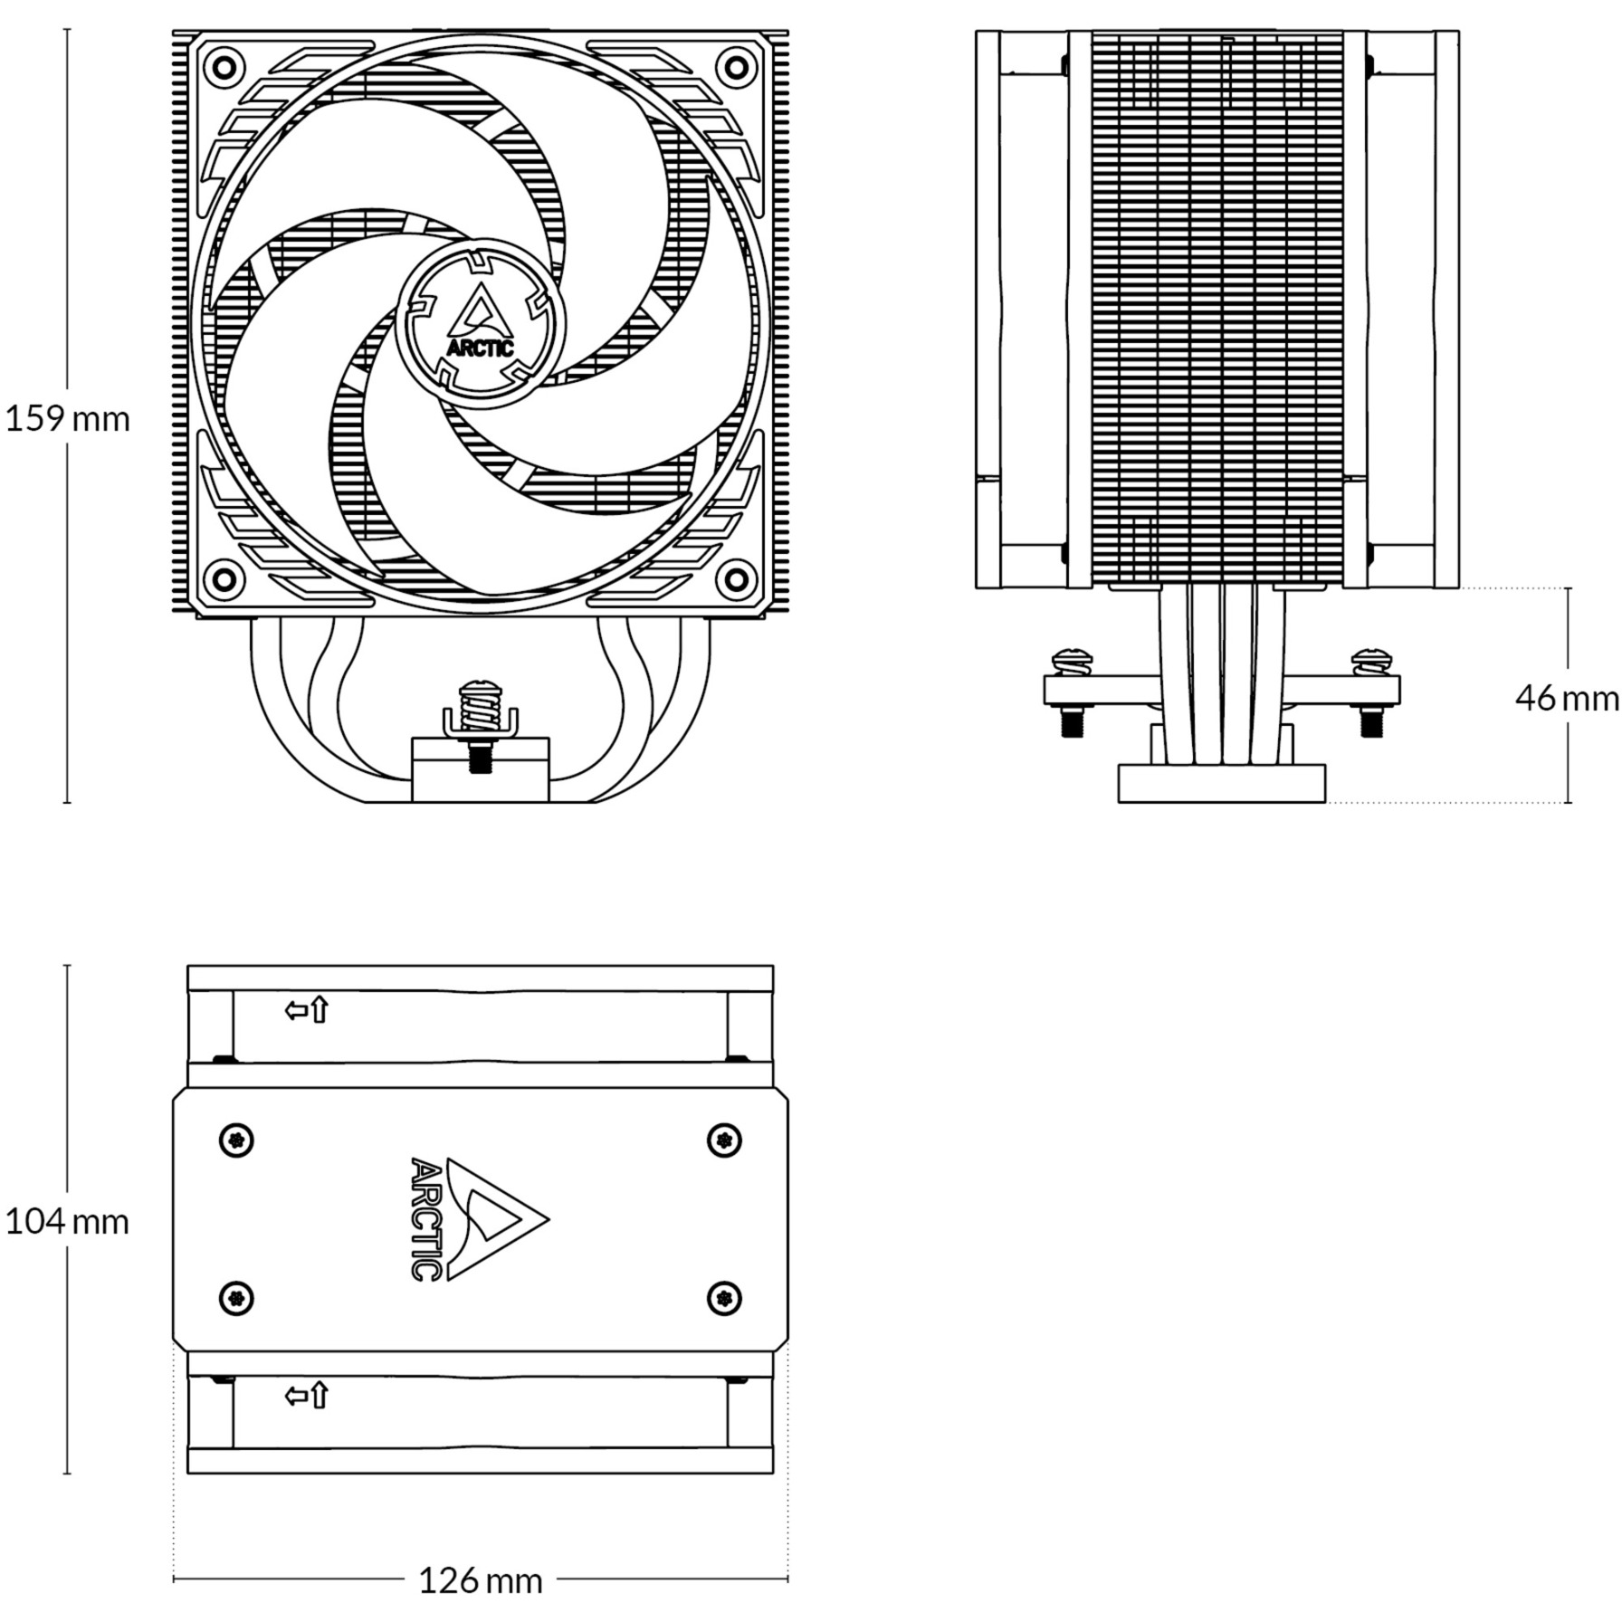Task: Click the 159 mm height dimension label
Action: tap(68, 419)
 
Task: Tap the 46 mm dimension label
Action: tap(1566, 698)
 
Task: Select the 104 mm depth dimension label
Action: tap(68, 1222)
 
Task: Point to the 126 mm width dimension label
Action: tap(480, 1581)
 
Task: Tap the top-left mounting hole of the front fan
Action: tap(224, 66)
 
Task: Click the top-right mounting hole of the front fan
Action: tap(737, 66)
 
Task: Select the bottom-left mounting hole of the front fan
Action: tap(224, 577)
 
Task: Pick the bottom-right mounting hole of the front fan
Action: tap(737, 577)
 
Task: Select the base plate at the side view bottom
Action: tap(1222, 784)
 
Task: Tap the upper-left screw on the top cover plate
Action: tap(237, 1140)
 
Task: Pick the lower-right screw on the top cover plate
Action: tap(723, 1299)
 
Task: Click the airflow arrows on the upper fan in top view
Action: tap(307, 1009)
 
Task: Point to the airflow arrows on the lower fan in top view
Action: tap(307, 1396)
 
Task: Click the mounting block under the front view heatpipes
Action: tap(481, 769)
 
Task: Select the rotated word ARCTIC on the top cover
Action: tap(425, 1219)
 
